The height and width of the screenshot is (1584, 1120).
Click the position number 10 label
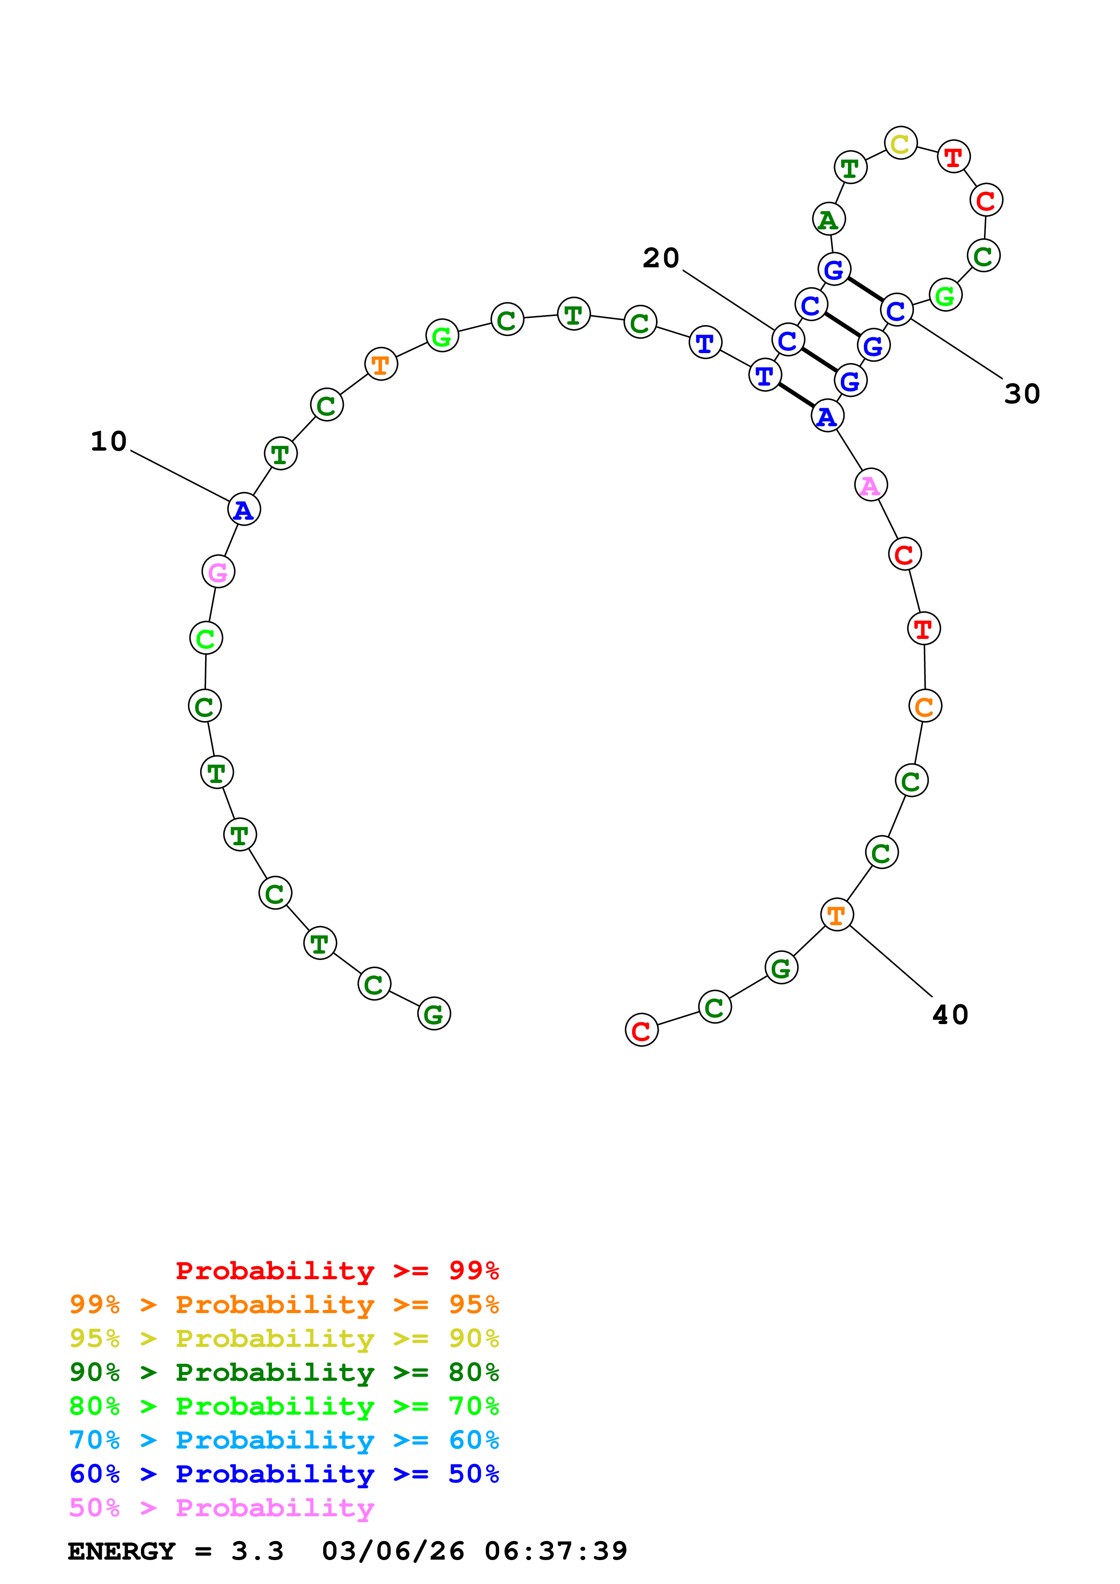coord(108,442)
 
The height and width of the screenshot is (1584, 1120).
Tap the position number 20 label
coord(661,258)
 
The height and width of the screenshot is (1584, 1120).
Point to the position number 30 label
coord(1022,394)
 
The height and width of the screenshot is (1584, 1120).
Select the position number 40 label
coord(950,1015)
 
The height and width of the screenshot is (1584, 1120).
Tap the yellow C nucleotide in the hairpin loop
coord(900,144)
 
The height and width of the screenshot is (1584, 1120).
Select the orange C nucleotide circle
coord(925,706)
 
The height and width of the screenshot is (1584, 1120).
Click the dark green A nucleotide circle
coord(828,219)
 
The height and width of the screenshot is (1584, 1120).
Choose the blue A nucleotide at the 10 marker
coord(244,510)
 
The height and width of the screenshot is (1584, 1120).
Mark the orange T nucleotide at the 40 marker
coord(836,915)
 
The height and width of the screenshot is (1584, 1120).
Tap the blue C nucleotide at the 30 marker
coord(896,311)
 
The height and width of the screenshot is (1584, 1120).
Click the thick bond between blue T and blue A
coord(796,396)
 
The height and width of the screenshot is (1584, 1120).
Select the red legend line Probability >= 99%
coord(337,1271)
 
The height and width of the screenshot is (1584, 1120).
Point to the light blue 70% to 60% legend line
coord(284,1440)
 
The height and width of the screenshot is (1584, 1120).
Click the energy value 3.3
coord(257,1551)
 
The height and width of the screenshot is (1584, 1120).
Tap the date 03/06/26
coord(393,1551)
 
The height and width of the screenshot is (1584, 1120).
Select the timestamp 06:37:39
coord(556,1551)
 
